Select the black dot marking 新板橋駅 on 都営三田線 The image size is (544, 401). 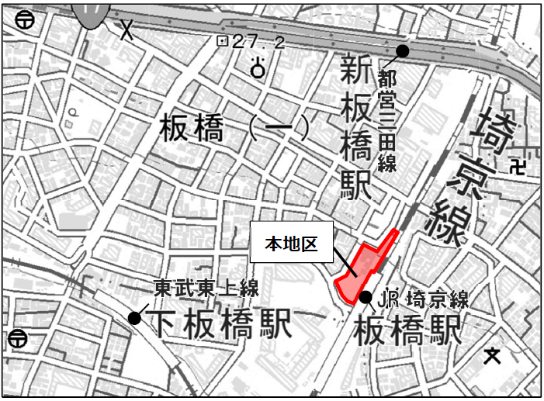tap(402, 51)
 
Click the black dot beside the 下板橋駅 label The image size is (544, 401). tap(135, 317)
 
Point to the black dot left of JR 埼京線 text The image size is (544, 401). tap(366, 298)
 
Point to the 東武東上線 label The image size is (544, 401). tap(206, 289)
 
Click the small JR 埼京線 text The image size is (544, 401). tap(423, 299)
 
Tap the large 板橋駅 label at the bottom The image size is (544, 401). tap(407, 331)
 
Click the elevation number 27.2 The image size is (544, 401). tap(258, 43)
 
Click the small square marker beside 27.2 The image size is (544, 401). tap(223, 42)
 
